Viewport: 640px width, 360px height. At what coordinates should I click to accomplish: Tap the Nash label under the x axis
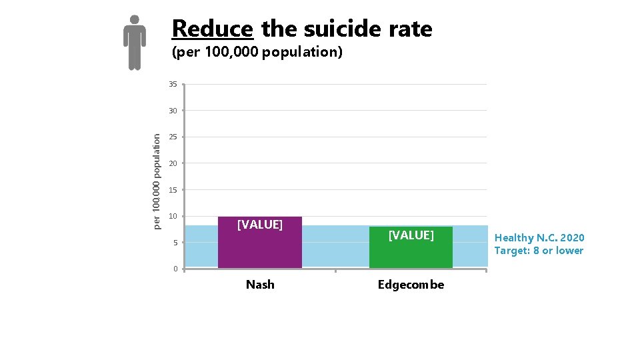point(260,285)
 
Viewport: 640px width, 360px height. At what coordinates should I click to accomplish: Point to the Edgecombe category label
point(411,285)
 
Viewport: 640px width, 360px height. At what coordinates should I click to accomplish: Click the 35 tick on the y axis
point(173,85)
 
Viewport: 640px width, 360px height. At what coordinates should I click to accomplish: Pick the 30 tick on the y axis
point(173,111)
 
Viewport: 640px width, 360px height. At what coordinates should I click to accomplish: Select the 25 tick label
point(173,137)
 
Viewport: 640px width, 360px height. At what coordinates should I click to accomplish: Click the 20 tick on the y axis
point(173,163)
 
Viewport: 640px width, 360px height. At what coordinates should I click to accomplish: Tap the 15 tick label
point(173,190)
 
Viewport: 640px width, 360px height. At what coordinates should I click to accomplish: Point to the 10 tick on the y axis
point(173,216)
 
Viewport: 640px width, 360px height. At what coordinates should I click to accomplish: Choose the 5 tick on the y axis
point(175,243)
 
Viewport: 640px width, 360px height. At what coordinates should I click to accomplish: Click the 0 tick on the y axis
point(175,269)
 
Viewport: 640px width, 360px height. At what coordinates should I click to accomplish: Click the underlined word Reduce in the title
point(212,29)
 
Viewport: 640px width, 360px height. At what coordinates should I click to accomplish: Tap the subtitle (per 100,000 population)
point(257,52)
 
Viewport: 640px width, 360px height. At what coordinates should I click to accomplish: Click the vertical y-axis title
point(157,181)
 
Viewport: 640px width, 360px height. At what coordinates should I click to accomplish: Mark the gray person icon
point(135,42)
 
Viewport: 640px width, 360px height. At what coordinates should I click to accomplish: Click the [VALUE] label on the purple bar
point(260,225)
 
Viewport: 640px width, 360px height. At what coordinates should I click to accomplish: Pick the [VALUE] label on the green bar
point(411,235)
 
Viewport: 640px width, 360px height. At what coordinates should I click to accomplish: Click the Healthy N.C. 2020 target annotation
point(539,244)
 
